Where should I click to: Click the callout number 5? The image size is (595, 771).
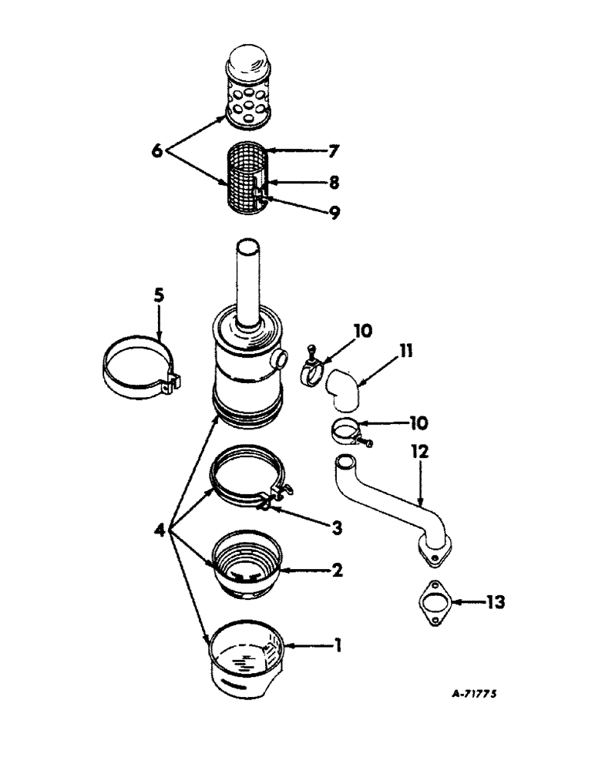point(159,295)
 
